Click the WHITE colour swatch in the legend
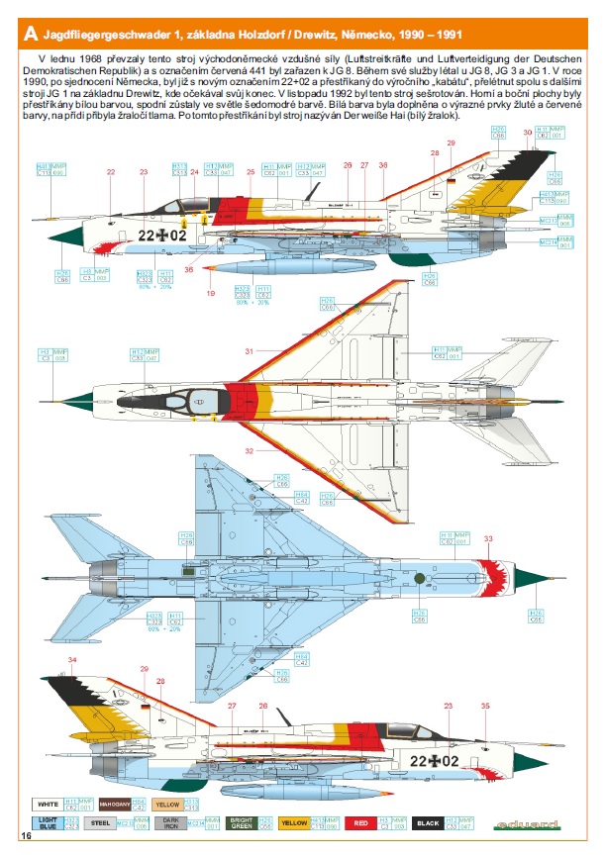(45, 804)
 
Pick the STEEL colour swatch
(98, 822)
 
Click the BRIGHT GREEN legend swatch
(242, 822)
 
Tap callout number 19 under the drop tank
(210, 293)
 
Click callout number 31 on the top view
(251, 350)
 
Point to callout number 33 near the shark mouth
(486, 538)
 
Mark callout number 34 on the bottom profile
(70, 660)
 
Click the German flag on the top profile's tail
(451, 180)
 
